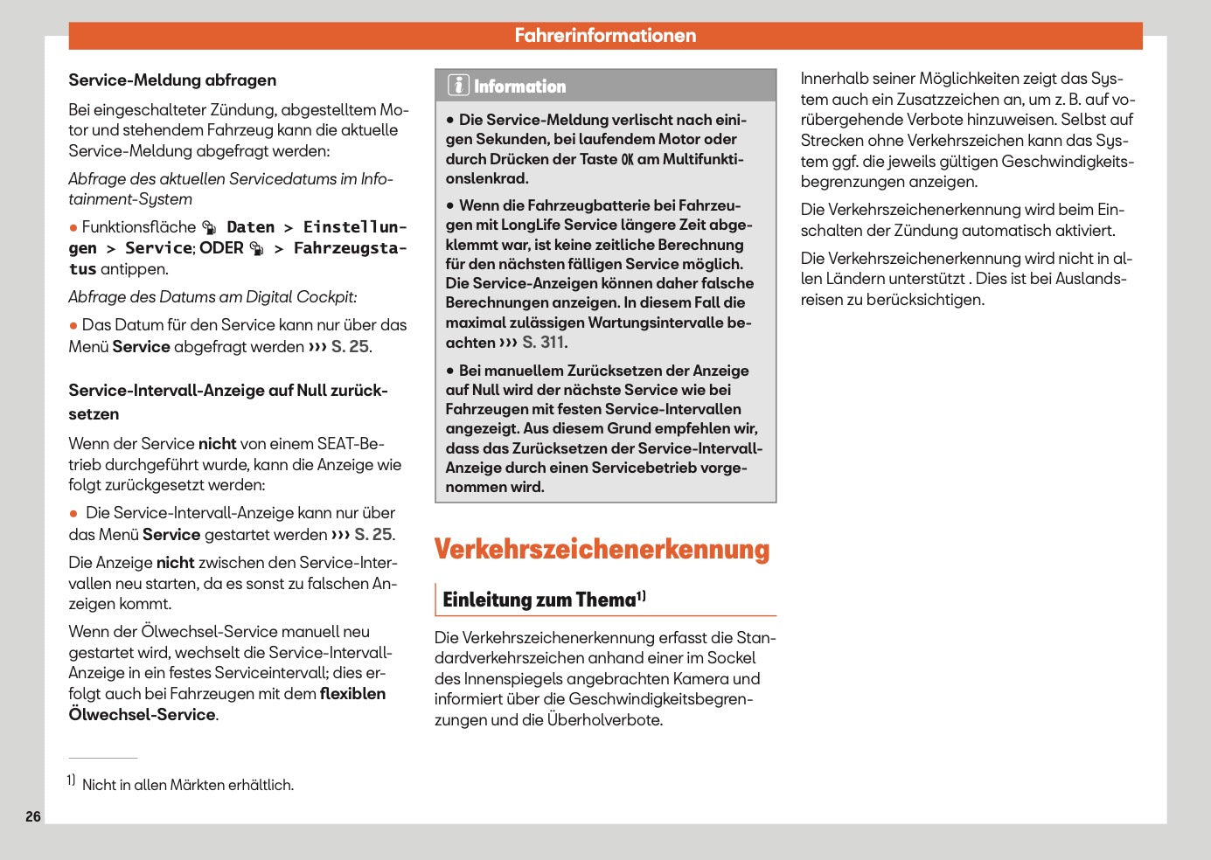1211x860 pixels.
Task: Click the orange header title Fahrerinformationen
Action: coord(605,36)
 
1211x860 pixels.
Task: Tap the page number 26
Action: coord(33,816)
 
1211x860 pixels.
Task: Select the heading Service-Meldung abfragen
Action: coord(172,80)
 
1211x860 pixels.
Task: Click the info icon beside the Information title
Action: coord(458,86)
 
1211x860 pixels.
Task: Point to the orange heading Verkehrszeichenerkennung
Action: coord(602,549)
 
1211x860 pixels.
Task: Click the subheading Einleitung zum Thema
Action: coord(539,600)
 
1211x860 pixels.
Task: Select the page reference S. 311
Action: coord(544,343)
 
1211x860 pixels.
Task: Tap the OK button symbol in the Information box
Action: coord(627,159)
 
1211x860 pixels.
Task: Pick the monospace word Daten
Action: coord(250,227)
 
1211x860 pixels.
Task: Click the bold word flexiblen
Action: coord(352,694)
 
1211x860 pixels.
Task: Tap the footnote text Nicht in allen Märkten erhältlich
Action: coord(187,785)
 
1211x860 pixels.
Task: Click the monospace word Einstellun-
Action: coord(355,227)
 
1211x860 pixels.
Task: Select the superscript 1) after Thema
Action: coord(641,596)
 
